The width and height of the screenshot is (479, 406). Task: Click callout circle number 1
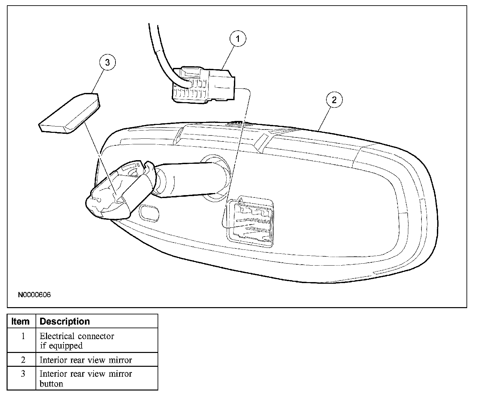point(238,39)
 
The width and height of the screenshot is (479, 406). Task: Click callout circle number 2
point(334,100)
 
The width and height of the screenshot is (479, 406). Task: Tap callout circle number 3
point(107,63)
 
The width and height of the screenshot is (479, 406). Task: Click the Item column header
point(20,321)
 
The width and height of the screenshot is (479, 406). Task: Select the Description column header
point(64,321)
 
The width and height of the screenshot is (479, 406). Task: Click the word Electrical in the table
point(56,336)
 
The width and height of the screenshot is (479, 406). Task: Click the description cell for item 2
point(86,360)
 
